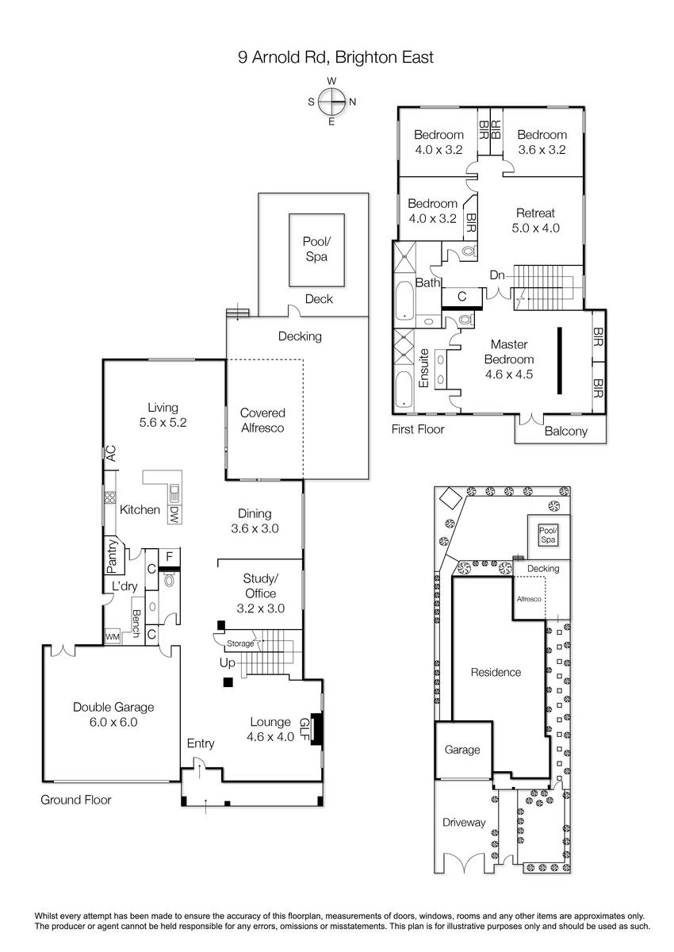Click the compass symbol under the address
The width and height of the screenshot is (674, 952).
tap(331, 102)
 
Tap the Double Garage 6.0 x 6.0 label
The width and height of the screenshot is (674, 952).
tap(113, 715)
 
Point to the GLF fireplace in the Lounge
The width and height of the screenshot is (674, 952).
tap(316, 729)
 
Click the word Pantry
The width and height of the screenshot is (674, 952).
tap(112, 556)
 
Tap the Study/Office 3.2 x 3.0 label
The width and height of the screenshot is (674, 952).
tap(260, 593)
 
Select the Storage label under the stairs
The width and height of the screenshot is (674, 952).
tap(240, 643)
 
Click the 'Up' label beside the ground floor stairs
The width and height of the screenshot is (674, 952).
tap(228, 662)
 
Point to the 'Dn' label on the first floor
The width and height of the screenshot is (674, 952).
tap(497, 275)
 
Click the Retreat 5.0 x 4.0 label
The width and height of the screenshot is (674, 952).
tap(535, 221)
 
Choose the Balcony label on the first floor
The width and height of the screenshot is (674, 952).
tap(565, 432)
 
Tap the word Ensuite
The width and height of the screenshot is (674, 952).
tap(424, 368)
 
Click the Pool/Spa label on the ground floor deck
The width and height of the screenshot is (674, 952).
tap(316, 249)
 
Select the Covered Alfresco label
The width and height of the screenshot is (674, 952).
tap(262, 420)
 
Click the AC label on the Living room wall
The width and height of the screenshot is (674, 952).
tap(111, 454)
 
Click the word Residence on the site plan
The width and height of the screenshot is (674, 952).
tap(496, 673)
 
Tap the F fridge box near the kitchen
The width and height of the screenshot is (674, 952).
tap(169, 557)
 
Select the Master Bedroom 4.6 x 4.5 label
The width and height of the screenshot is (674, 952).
tap(509, 359)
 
